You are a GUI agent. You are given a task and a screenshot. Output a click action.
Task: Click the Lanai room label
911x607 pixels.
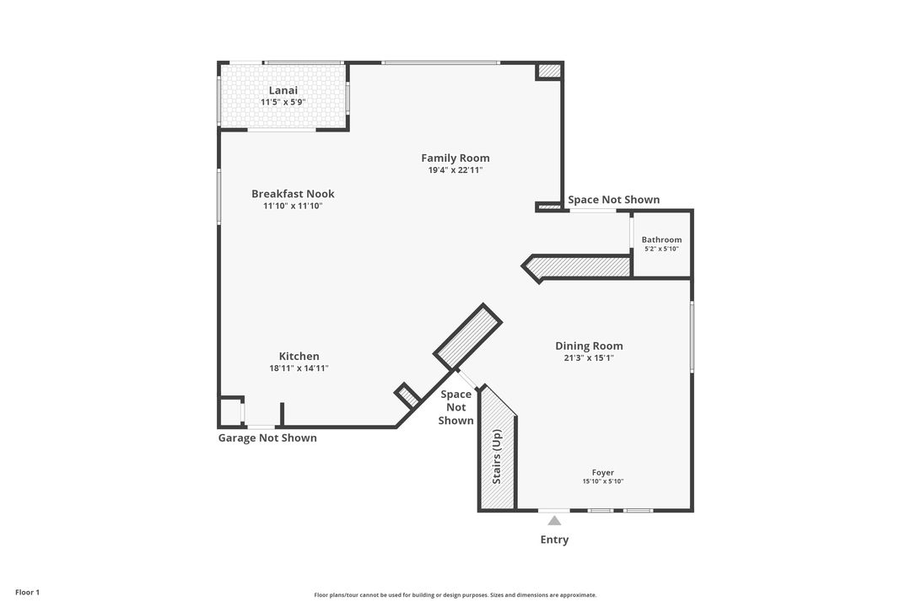283,90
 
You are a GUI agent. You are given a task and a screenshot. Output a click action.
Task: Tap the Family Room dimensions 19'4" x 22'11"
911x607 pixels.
455,170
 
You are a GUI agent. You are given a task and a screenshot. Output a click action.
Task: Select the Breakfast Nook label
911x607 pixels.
293,194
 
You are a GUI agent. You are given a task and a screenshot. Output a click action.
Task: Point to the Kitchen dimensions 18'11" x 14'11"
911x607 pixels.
299,368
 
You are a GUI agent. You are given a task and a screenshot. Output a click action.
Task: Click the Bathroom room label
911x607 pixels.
661,239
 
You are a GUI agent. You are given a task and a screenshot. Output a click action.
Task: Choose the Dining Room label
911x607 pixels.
589,346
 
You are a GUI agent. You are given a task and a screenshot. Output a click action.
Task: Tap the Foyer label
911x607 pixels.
602,473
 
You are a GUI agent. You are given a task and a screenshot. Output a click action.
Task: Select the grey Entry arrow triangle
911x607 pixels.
554,521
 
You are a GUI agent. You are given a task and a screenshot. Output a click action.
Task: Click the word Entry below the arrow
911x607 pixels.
554,540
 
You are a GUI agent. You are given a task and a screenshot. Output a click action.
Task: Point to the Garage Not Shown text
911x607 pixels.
267,438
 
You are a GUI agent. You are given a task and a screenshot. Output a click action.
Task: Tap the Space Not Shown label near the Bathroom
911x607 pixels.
613,200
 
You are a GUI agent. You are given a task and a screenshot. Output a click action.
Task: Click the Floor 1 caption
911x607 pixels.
27,593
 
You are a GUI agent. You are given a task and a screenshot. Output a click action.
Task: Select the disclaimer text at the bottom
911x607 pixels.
455,595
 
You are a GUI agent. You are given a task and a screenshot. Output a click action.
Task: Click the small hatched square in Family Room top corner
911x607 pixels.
549,72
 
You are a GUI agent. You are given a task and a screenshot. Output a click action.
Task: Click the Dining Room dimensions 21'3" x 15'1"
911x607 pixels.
589,357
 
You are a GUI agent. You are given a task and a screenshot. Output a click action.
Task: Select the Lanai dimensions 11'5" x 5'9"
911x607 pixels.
283,102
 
